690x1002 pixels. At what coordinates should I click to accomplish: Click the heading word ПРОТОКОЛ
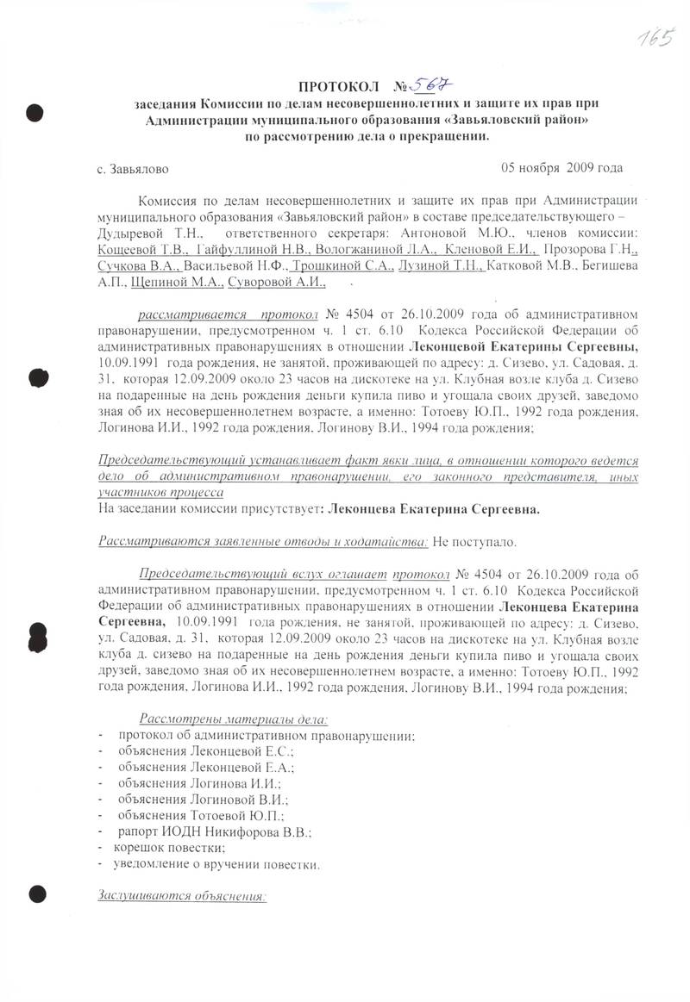point(339,87)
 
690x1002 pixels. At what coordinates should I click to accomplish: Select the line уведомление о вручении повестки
point(220,864)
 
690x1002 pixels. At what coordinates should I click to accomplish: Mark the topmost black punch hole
point(35,113)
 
